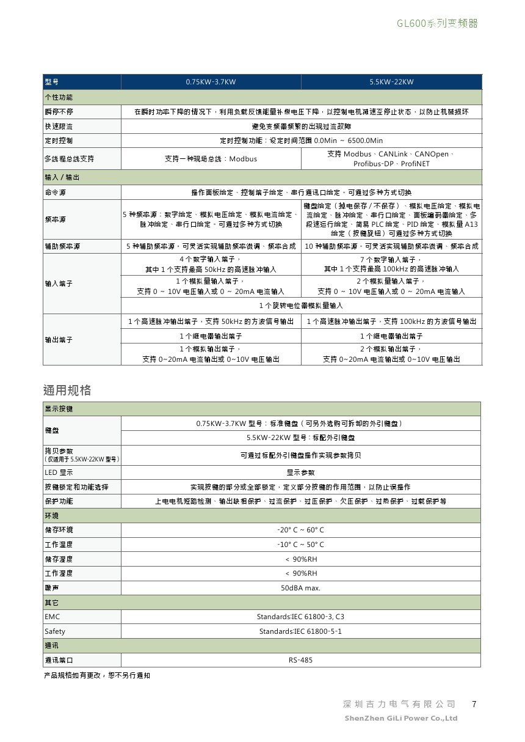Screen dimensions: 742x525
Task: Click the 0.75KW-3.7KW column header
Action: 211,82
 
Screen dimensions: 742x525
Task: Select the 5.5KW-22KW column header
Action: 391,82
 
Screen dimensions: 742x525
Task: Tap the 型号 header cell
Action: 52,82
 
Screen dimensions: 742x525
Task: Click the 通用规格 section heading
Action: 67,390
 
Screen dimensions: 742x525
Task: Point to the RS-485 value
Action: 300,660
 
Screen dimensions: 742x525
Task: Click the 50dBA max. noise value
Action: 300,588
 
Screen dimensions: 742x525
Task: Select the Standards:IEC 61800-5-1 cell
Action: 300,631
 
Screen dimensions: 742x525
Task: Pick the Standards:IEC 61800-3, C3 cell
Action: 300,617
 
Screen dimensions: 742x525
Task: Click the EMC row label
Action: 52,617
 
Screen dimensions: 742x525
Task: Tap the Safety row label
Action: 55,631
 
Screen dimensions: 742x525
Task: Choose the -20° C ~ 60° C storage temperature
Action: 300,530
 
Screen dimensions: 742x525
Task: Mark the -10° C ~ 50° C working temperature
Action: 300,545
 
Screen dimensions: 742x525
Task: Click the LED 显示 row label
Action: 59,472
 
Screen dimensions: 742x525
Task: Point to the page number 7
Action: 474,704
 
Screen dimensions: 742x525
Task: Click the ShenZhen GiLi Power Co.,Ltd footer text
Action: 401,718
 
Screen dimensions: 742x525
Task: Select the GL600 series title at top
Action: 437,24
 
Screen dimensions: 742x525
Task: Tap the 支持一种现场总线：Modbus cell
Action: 211,159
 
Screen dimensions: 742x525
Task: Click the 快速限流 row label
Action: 59,127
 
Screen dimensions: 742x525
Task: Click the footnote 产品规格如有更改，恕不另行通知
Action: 97,675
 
